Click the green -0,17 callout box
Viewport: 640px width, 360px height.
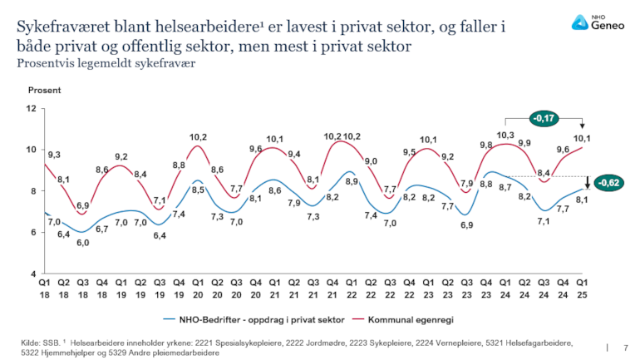click(x=545, y=120)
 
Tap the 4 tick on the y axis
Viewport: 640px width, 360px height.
click(x=33, y=274)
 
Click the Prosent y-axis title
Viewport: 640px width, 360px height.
click(x=42, y=90)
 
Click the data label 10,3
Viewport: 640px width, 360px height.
click(x=505, y=136)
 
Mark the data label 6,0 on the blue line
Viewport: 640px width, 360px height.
click(x=83, y=242)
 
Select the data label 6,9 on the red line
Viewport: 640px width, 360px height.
click(x=83, y=205)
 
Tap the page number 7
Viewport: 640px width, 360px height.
click(x=625, y=347)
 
